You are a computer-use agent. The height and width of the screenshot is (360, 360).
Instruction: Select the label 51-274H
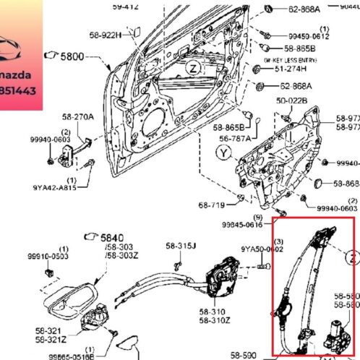(291, 70)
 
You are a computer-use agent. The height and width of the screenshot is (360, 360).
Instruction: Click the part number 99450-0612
(309, 35)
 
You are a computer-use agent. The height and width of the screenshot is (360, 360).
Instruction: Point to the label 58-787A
(235, 138)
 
